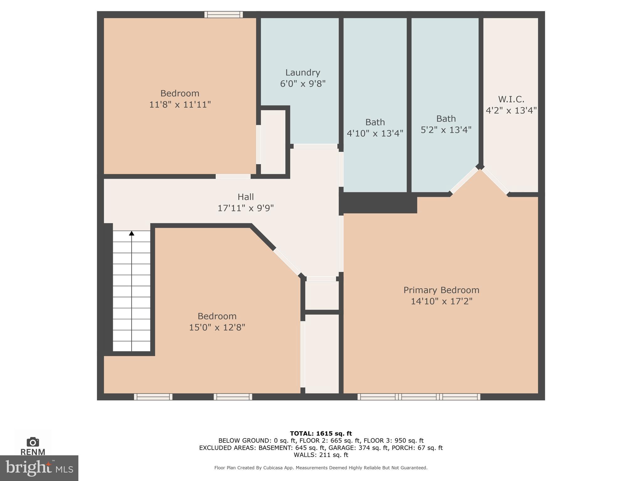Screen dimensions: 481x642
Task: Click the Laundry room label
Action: click(x=303, y=73)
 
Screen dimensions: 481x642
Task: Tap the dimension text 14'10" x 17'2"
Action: click(x=441, y=301)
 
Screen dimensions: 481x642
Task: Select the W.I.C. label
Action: click(x=511, y=99)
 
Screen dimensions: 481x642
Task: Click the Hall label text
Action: click(x=245, y=197)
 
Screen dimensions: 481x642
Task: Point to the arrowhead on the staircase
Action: click(x=132, y=233)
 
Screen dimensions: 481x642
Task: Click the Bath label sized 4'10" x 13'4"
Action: click(x=375, y=122)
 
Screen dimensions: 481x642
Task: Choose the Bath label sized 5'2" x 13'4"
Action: click(x=446, y=119)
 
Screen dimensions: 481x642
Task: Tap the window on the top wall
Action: click(x=224, y=14)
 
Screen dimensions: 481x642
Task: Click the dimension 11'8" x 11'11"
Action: click(x=180, y=105)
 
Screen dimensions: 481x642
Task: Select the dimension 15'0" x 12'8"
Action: click(x=217, y=328)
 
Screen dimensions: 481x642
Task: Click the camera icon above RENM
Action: click(x=33, y=442)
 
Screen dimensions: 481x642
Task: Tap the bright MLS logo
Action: click(x=39, y=468)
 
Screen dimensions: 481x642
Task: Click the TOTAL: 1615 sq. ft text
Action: click(x=321, y=433)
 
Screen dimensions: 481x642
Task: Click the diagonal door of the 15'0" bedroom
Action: click(x=287, y=262)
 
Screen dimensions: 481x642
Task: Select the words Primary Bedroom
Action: click(x=441, y=290)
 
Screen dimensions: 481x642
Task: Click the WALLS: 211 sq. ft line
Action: click(x=321, y=455)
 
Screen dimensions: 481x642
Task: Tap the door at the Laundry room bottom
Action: click(x=315, y=146)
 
